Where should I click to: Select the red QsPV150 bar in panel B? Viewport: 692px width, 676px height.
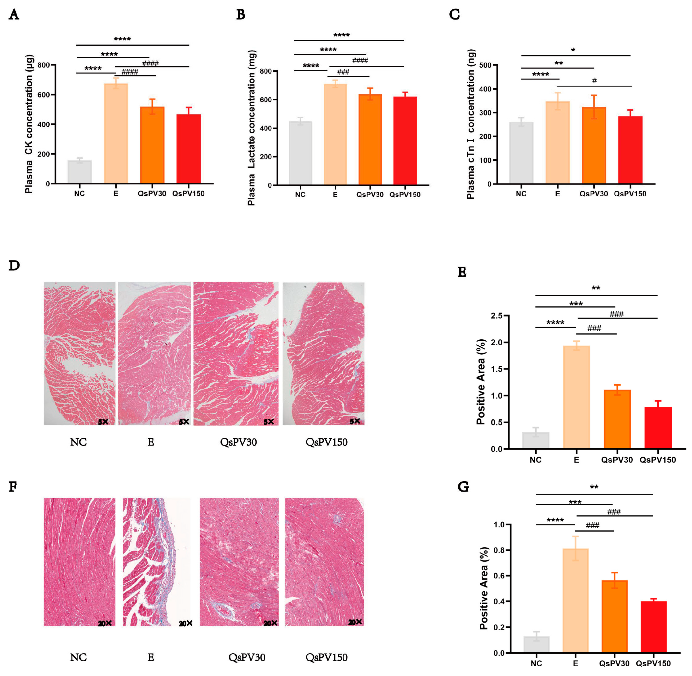click(x=405, y=141)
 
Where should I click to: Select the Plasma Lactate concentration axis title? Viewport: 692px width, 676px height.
click(x=252, y=128)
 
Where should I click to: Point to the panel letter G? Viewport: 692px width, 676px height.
click(x=463, y=487)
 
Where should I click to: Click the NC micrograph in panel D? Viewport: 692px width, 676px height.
click(x=80, y=353)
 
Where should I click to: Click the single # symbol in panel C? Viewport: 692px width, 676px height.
click(x=594, y=81)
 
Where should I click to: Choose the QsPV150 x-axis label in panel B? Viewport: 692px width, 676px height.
click(x=405, y=194)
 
